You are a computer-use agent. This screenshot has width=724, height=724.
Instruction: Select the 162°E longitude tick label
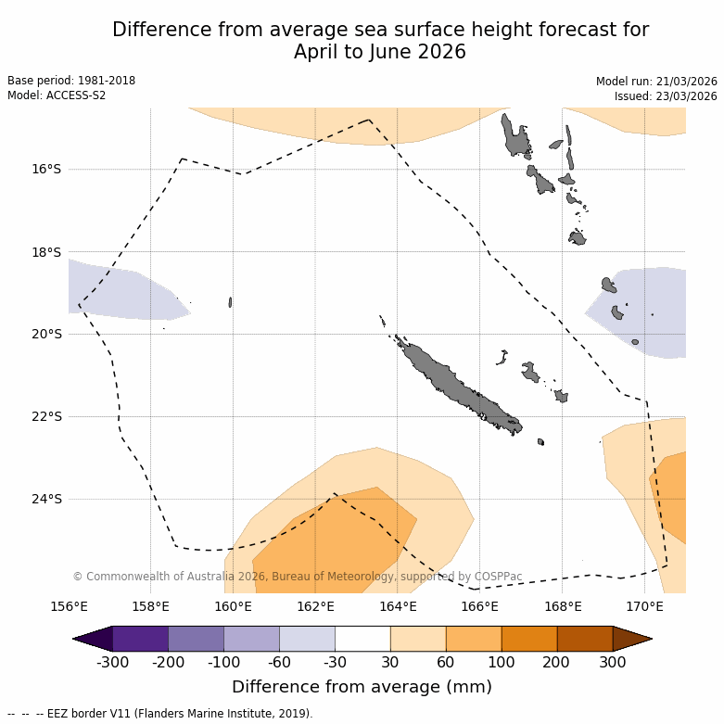coord(315,607)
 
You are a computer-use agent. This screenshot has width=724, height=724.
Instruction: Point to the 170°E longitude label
coord(644,607)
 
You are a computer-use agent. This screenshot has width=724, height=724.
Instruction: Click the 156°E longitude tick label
coord(69,607)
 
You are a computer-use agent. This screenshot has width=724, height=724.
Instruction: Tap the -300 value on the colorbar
coord(112,662)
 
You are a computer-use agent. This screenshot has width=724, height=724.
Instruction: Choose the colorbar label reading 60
coord(446,662)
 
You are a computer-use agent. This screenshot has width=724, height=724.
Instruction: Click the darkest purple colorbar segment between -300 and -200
coord(140,639)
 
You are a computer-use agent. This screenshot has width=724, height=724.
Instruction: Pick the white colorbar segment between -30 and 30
coord(362,639)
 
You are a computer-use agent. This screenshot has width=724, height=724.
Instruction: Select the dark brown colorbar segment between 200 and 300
coord(585,639)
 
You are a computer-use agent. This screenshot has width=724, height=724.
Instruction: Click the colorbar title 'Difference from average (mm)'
coord(362,687)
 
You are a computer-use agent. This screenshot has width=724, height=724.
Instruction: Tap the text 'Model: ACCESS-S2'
coord(57,95)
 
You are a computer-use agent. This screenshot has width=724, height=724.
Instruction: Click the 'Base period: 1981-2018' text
coord(71,81)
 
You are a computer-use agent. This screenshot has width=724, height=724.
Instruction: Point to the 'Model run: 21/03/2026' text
coord(656,82)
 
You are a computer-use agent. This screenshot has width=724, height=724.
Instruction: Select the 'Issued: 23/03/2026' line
coord(666,96)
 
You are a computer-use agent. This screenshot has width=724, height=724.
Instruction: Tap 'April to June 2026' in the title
coord(380,52)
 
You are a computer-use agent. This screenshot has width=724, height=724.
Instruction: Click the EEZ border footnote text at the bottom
coord(160,714)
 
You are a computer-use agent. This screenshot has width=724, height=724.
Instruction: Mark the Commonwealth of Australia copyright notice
coord(297,577)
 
